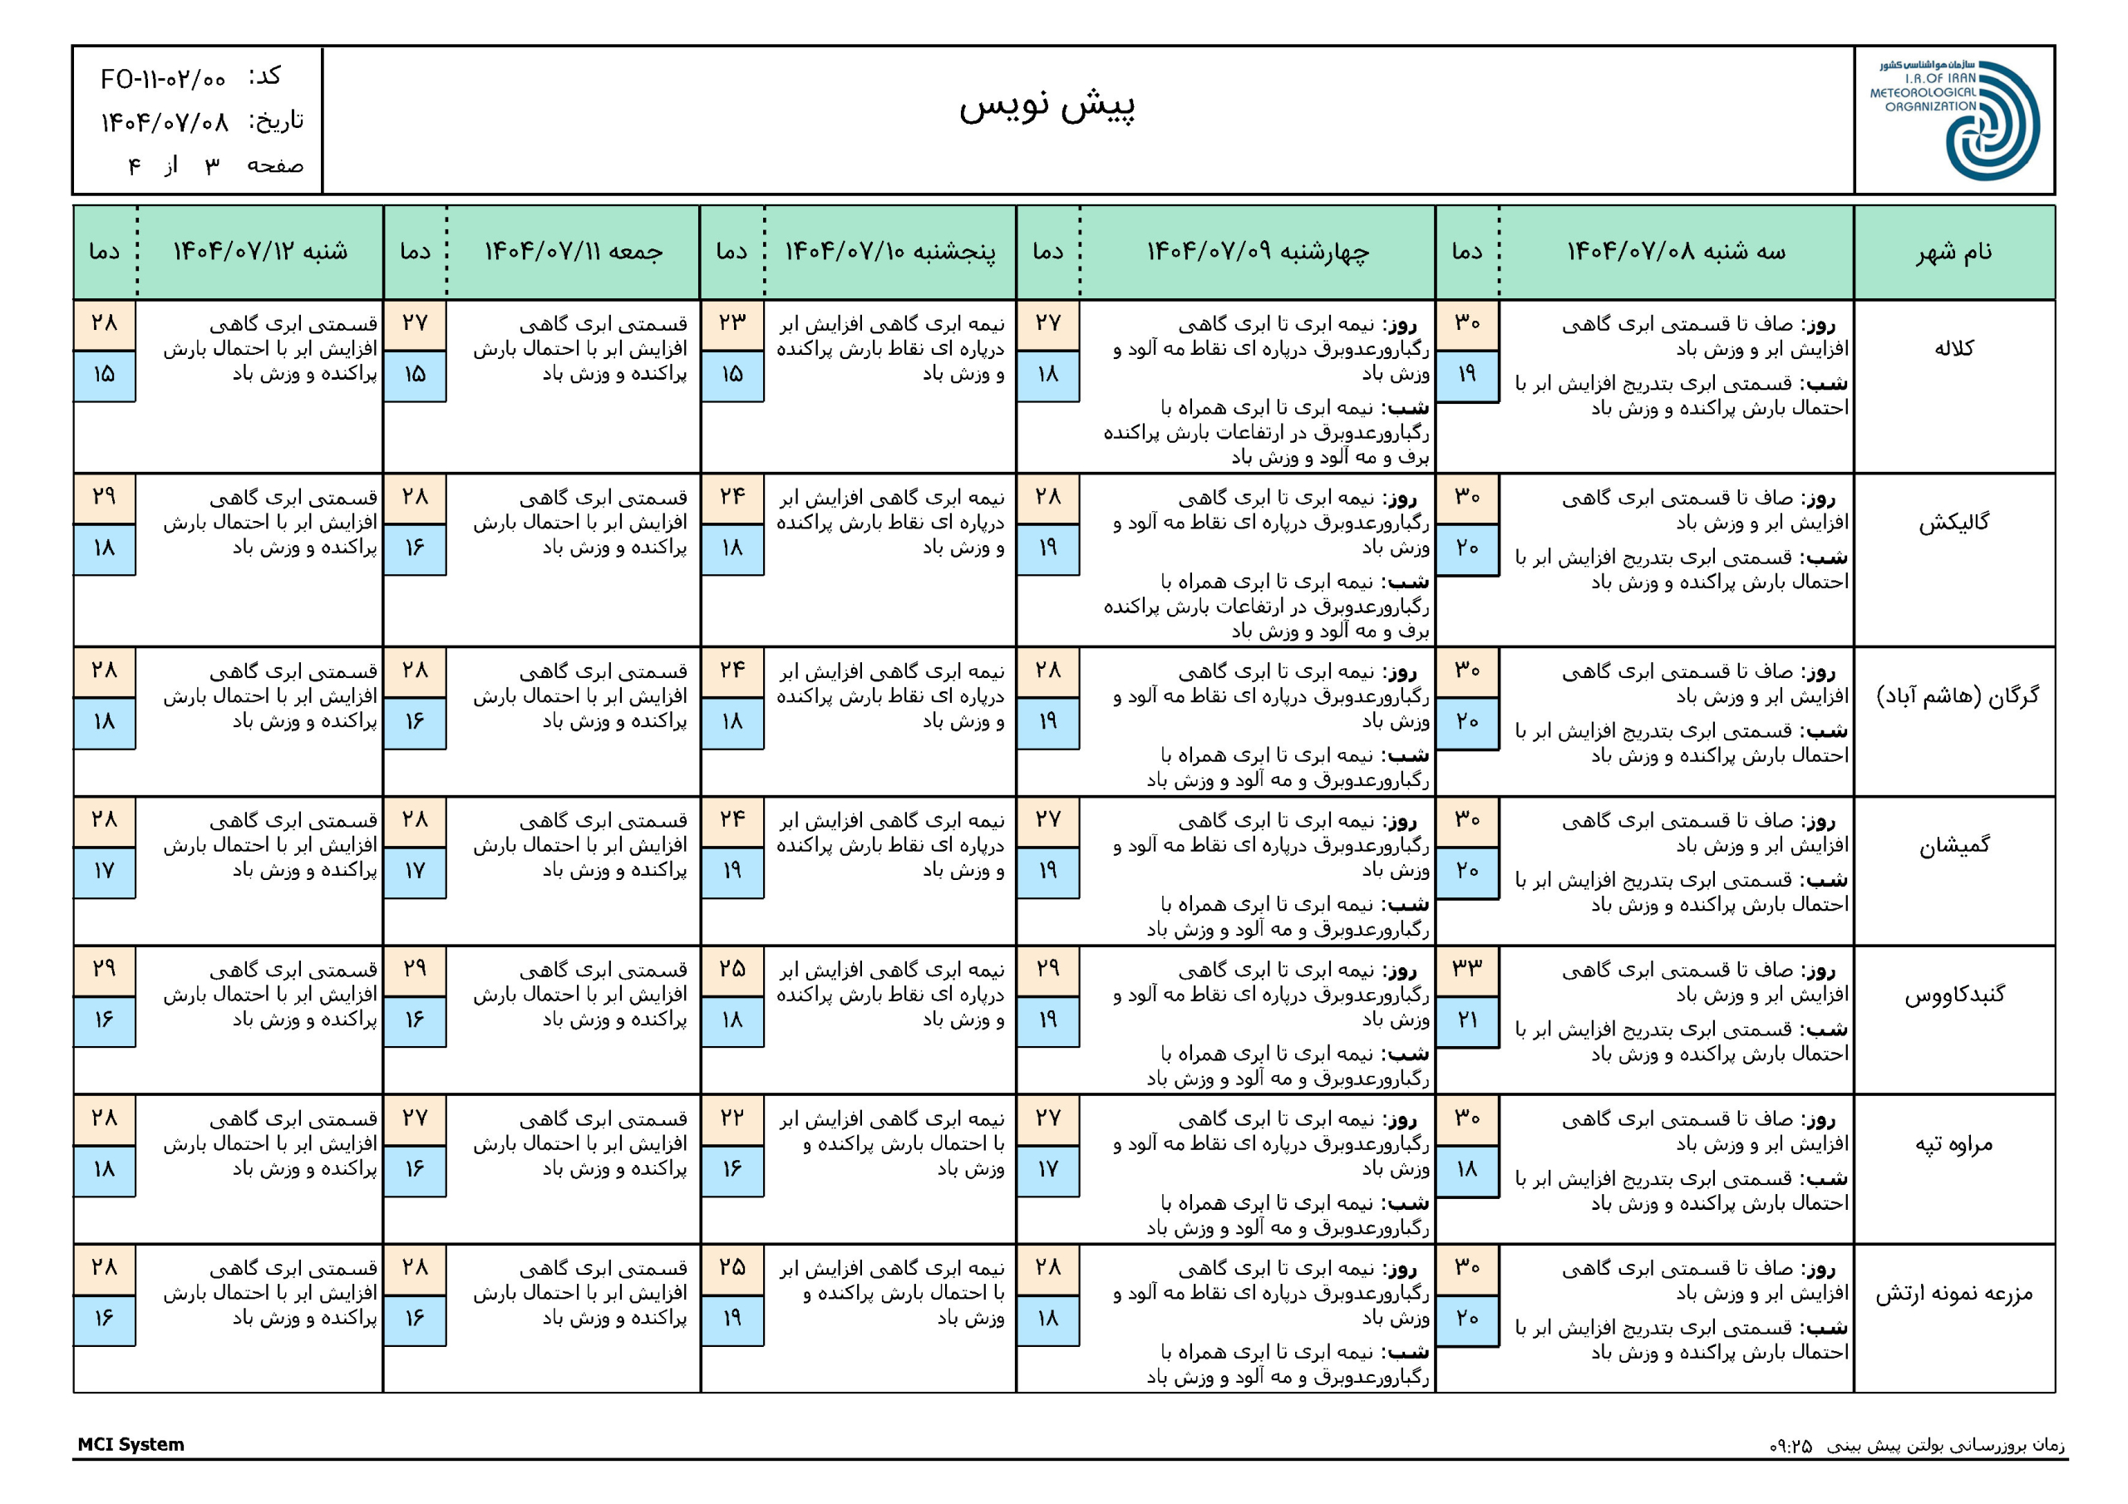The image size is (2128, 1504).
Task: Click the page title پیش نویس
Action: click(x=1047, y=105)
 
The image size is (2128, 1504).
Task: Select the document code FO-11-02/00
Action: click(x=163, y=80)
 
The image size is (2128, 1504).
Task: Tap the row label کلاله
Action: click(x=1953, y=348)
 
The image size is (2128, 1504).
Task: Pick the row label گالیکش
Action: click(x=1953, y=523)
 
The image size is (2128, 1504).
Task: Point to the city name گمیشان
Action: click(x=1953, y=845)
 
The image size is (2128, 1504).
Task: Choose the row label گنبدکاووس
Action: click(x=1953, y=995)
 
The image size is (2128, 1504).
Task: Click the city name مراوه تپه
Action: click(x=1953, y=1144)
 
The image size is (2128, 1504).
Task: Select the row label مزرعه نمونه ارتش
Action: click(x=1953, y=1294)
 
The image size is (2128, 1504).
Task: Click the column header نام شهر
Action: click(x=1953, y=252)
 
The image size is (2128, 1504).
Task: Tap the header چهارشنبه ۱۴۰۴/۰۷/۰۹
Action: click(x=1258, y=252)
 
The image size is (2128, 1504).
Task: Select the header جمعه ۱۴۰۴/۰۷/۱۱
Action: click(x=574, y=252)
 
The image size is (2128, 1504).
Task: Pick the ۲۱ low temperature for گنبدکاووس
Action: click(x=1467, y=1020)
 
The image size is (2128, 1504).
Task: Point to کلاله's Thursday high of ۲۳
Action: click(x=732, y=323)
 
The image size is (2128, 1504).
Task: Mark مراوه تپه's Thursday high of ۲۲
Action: click(x=732, y=1118)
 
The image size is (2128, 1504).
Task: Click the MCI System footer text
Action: click(x=131, y=1444)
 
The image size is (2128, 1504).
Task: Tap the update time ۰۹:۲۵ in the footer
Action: click(x=1791, y=1446)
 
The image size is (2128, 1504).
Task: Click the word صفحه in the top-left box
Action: click(x=275, y=166)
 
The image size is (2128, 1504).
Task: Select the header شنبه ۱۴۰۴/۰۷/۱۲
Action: click(x=260, y=252)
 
